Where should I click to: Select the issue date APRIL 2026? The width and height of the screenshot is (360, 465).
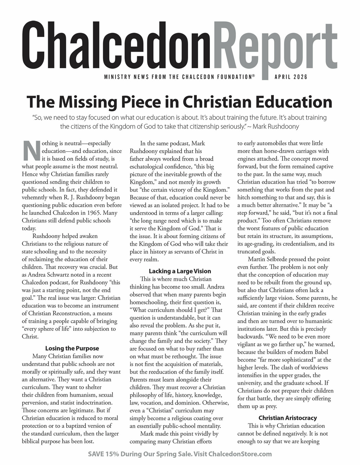[291, 77]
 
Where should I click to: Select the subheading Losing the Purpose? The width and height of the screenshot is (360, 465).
[72, 348]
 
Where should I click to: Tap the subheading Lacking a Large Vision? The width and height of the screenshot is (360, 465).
[180, 271]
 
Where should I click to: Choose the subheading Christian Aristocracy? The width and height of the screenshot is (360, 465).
[288, 418]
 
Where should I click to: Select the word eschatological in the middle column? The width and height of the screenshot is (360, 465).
[146, 166]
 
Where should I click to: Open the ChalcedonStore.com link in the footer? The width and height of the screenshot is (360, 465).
[240, 454]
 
